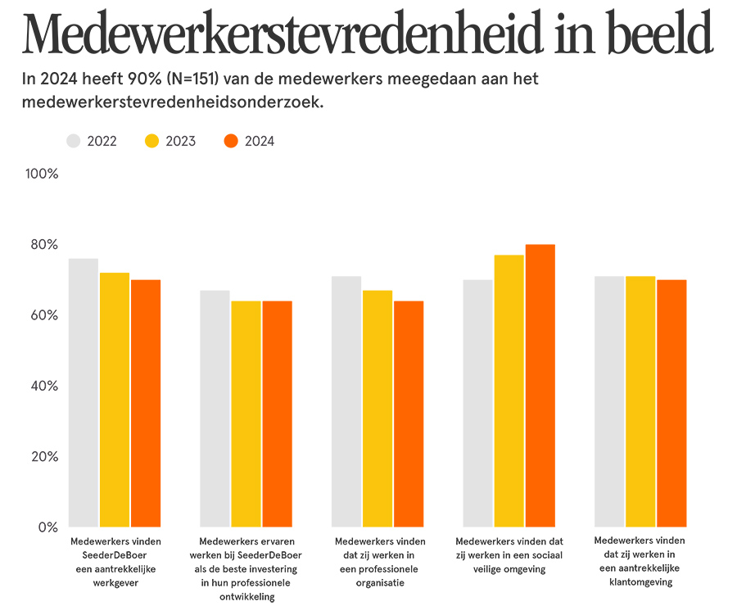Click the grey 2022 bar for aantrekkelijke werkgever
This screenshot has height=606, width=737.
pos(84,393)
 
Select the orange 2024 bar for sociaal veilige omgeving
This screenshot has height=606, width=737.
pos(540,385)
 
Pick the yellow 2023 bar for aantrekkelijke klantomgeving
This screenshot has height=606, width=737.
pos(640,401)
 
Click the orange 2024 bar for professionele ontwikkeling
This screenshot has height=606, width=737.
pos(278,414)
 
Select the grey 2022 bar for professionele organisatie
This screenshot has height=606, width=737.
pos(346,401)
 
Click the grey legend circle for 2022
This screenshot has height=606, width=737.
pos(75,141)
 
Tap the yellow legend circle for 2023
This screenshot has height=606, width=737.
pos(153,141)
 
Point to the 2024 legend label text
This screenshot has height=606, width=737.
pos(260,141)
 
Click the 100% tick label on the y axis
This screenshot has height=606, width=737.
pos(42,174)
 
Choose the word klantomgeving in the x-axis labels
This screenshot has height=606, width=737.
pos(640,582)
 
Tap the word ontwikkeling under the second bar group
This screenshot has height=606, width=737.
pos(246,596)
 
